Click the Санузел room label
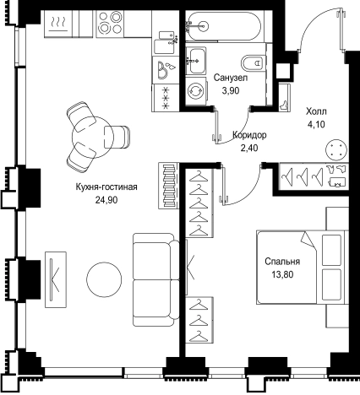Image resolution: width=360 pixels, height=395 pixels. (231, 78)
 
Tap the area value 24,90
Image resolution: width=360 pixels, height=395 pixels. (106, 200)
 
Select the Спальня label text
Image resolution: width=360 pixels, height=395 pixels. (282, 262)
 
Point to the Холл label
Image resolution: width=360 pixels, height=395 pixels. (316, 111)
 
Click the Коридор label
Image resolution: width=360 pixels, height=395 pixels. (249, 135)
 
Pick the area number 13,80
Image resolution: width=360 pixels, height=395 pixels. (282, 274)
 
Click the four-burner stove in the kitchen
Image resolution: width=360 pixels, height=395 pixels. (110, 24)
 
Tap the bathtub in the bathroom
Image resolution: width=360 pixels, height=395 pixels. (225, 26)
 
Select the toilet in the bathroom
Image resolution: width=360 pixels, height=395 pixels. (254, 62)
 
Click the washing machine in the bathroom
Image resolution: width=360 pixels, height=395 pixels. (196, 91)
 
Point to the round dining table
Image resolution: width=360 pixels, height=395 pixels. (93, 137)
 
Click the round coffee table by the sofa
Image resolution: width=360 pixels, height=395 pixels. (104, 279)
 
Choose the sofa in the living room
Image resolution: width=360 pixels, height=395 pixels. (155, 279)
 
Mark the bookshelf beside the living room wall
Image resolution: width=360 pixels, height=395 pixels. (169, 186)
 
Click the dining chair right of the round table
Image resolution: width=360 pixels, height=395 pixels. (117, 137)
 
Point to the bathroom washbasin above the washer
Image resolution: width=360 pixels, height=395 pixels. (196, 61)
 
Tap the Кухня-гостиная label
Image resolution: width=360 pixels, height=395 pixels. (106, 187)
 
